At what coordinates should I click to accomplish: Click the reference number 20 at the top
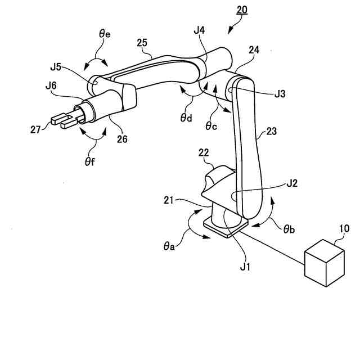(x=241, y=10)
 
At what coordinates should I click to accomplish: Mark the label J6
(x=51, y=86)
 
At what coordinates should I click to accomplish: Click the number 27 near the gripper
(x=37, y=129)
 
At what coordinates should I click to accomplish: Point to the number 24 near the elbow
(x=253, y=50)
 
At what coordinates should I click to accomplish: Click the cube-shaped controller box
(x=324, y=262)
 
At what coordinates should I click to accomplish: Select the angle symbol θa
(x=169, y=246)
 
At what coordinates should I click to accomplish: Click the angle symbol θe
(x=105, y=34)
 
